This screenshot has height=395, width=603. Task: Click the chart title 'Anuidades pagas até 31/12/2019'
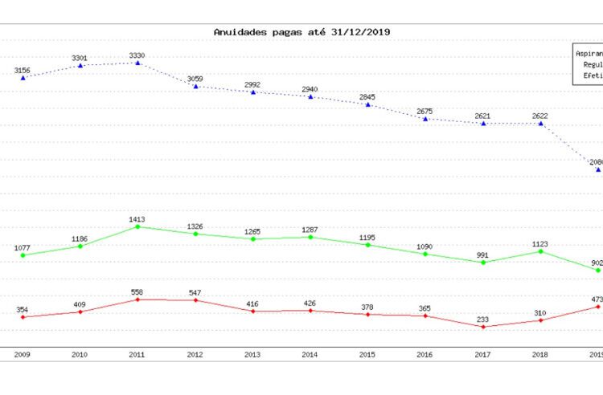tap(302, 32)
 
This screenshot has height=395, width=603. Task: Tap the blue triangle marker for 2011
tap(137, 62)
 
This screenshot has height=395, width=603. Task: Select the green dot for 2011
tap(137, 226)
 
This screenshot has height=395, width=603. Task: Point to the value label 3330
tap(137, 55)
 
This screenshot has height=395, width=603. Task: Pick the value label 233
tap(483, 318)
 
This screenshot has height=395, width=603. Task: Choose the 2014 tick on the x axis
tap(310, 354)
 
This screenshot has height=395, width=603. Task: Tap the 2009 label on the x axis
tap(23, 354)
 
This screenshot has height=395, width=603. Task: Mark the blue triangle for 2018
tap(541, 124)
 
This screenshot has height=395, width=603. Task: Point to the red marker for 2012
tap(195, 300)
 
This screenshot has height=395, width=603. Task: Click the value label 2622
tap(541, 116)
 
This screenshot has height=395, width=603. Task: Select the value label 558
tap(137, 291)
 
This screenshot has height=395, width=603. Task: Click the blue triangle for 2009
tap(23, 78)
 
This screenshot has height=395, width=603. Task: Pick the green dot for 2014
tap(310, 237)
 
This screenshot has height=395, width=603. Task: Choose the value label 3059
tap(195, 78)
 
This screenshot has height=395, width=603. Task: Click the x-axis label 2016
tap(425, 354)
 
